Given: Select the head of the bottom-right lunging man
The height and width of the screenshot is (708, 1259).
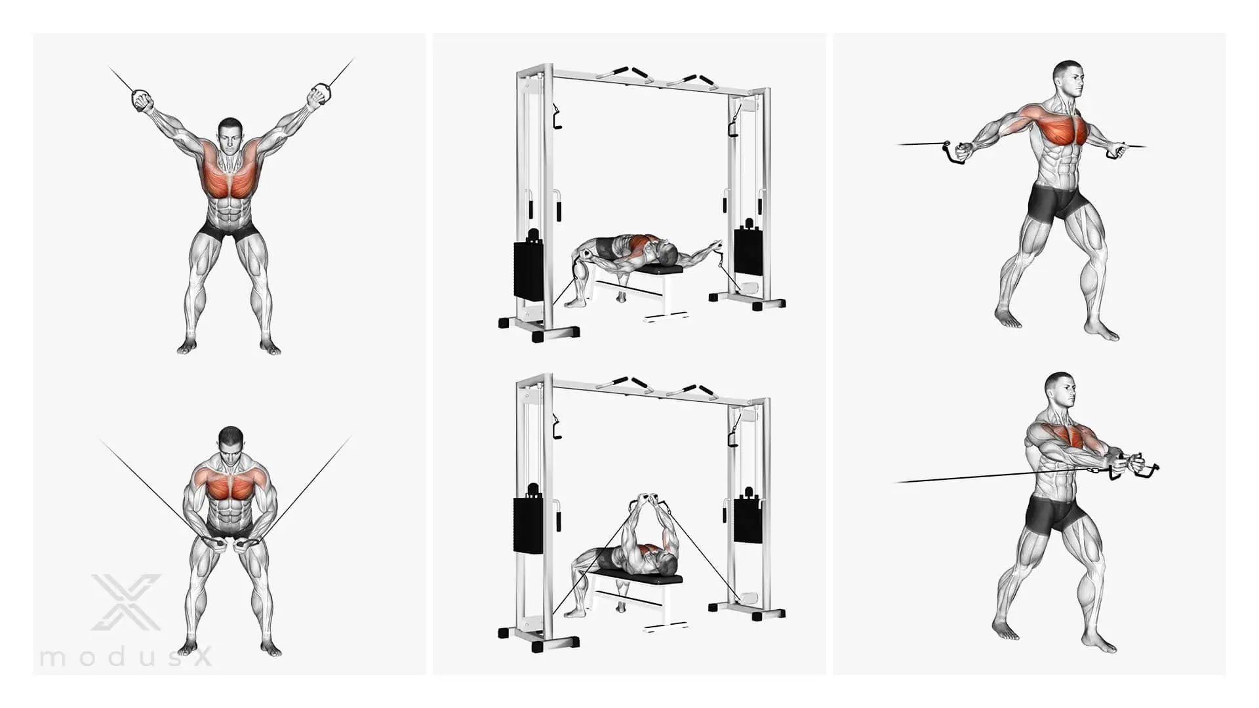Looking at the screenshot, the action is tap(1060, 393).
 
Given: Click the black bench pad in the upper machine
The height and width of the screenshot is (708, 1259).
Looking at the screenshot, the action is tap(658, 269).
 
